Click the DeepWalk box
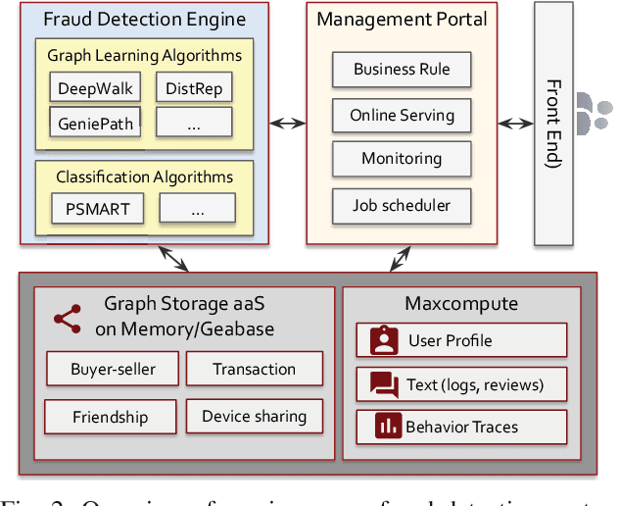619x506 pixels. pos(94,88)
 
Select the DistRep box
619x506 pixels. pos(194,89)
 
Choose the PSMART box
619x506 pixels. pos(97,207)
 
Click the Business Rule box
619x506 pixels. pos(402,70)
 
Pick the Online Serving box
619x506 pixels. pos(402,115)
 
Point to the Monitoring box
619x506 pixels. pos(402,159)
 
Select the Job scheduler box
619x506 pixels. pos(402,205)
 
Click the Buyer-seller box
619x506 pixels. pos(113,369)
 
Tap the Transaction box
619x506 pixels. pos(254,369)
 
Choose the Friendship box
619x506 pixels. pos(110,417)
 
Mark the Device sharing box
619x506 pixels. pos(254,417)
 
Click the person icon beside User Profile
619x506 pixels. pos(384,340)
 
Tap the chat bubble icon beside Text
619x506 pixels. pos(384,383)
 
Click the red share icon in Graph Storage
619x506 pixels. pos(68,317)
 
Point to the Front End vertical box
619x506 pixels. pos(552,123)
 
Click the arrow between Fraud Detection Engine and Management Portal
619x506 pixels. pos(287,124)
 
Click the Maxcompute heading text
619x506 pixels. pos(454,304)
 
